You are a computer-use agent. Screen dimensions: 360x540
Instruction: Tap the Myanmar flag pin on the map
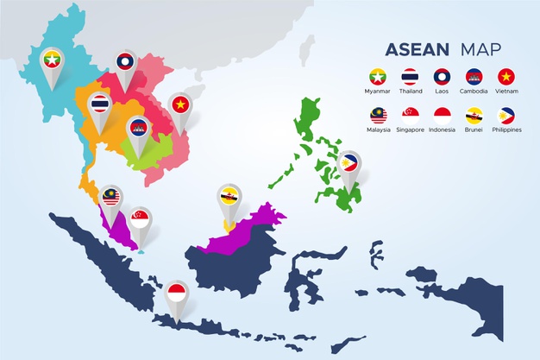point(53,60)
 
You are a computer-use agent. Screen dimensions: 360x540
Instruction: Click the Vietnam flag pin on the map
point(180,104)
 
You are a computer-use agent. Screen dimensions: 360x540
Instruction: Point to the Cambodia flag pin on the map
point(137,128)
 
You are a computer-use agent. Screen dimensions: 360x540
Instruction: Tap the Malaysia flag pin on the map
point(110,198)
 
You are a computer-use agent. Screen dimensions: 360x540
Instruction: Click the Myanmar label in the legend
point(377,91)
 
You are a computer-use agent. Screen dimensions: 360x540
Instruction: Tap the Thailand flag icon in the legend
point(410,76)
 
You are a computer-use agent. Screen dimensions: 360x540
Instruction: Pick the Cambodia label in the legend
point(474,91)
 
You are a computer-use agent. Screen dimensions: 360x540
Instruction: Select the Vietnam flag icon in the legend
point(506,76)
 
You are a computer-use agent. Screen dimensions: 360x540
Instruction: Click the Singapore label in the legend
point(410,129)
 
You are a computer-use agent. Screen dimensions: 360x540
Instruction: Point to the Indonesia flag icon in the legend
point(443,115)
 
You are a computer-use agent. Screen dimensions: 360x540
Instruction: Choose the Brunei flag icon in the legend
point(474,115)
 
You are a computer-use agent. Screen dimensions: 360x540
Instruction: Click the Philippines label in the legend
point(506,129)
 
